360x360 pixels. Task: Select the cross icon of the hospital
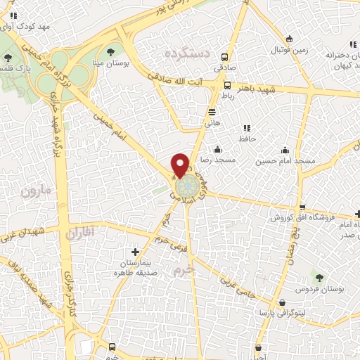point(136,251)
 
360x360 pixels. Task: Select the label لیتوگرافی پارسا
point(281,311)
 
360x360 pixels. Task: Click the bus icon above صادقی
point(224,58)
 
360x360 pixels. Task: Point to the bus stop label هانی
point(212,122)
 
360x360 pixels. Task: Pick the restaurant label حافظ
point(246,139)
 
